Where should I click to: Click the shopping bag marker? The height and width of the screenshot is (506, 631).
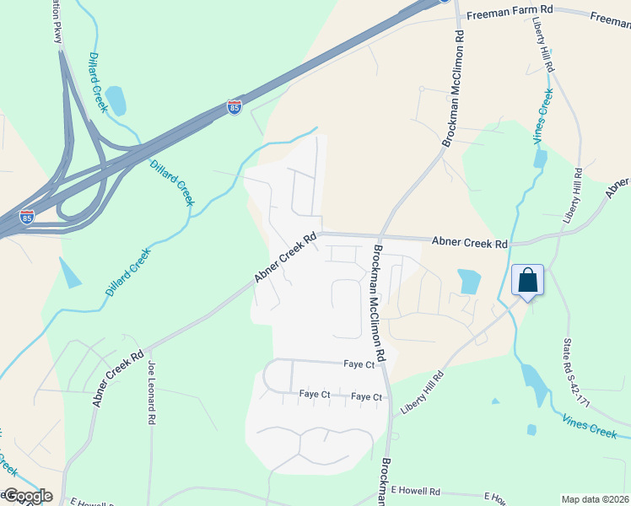pos(527,280)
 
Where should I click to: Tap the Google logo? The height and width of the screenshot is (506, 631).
pos(27,496)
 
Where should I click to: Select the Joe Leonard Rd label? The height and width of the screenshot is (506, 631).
pos(152,393)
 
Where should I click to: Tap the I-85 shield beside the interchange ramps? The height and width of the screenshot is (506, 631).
pos(28,217)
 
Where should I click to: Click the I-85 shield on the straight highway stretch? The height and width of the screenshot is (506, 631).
pos(235,107)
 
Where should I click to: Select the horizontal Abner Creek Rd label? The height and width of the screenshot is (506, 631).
pos(470,242)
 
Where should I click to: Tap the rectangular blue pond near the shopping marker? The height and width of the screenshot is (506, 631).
pos(468,281)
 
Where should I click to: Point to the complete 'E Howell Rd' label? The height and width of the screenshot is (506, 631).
pos(416,491)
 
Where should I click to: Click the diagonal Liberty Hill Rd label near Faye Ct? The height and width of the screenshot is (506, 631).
pos(423,394)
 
